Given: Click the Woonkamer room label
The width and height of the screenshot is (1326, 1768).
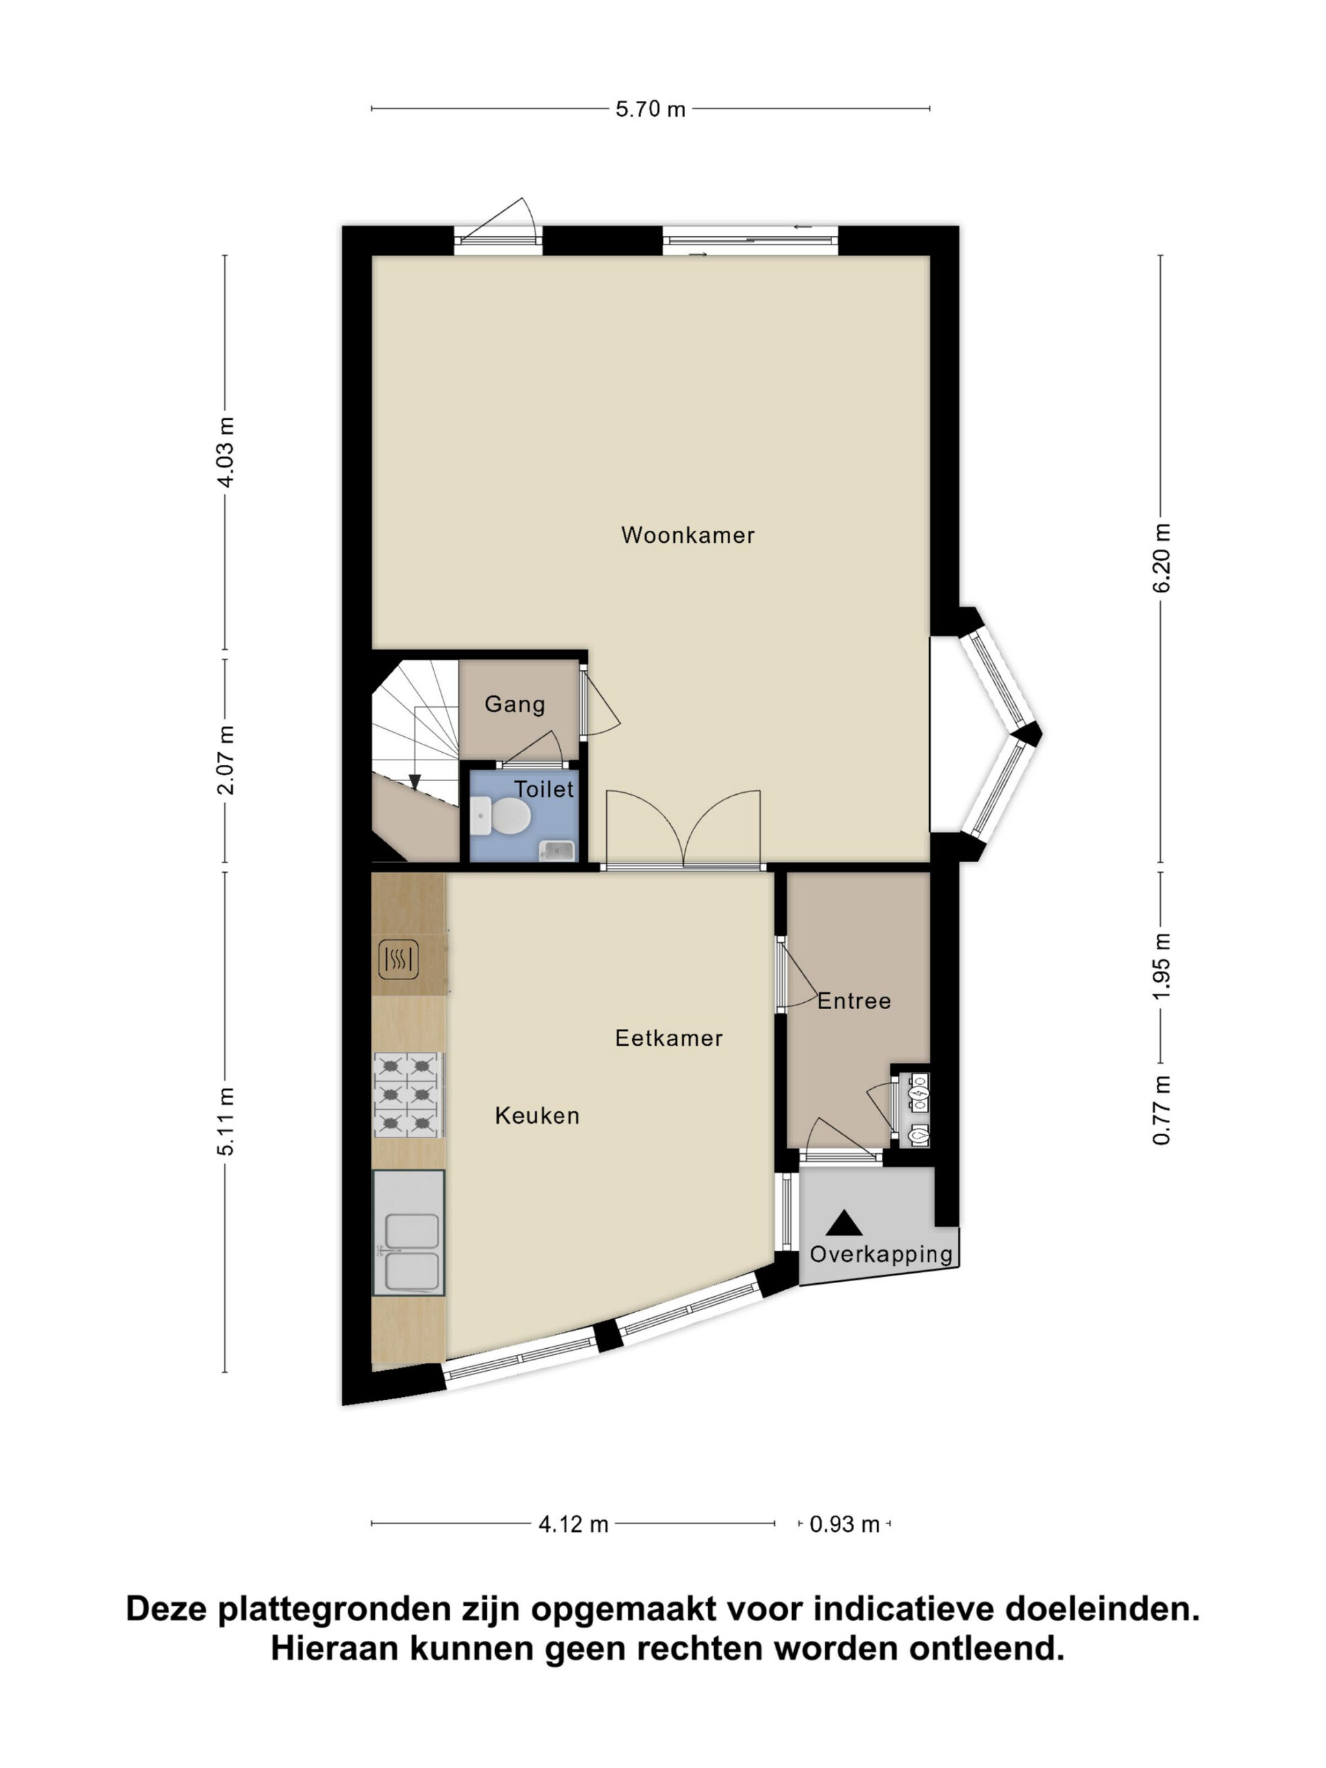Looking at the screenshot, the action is [x=687, y=535].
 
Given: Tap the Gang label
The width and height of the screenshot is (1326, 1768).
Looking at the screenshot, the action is [x=515, y=704].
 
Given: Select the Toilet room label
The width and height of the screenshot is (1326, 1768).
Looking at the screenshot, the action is [x=544, y=789].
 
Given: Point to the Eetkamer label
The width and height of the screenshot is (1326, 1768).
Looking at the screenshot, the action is [x=669, y=1037].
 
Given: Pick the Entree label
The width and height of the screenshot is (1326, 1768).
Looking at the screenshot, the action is [x=854, y=1001].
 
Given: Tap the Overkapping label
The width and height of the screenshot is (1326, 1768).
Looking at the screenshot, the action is [x=881, y=1254].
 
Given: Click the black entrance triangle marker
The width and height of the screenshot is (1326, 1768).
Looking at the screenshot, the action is [x=844, y=1223].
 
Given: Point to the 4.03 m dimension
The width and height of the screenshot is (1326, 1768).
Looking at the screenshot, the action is [x=227, y=452].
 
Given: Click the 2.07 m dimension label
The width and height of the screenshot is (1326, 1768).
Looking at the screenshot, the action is [x=227, y=760].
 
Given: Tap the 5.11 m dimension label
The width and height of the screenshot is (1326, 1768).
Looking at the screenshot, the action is [x=227, y=1121].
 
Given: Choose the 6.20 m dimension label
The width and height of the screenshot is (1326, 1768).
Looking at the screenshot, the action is [x=1162, y=558].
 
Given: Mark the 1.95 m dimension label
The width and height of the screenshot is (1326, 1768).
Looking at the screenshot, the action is [x=1162, y=965].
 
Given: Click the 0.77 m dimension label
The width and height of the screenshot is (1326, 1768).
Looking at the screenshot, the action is [x=1162, y=1111].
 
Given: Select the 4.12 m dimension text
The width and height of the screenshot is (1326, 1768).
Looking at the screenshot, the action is [x=573, y=1524].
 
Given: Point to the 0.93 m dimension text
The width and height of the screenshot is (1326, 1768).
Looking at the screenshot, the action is [x=844, y=1524].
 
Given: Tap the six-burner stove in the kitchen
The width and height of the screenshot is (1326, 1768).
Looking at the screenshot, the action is [x=407, y=1094].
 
